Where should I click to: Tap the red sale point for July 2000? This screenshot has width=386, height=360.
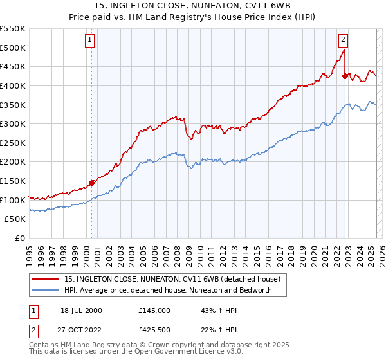[x=91, y=183]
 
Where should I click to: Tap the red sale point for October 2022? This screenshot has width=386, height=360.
[x=345, y=76]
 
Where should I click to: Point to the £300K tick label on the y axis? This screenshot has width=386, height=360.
[x=13, y=123]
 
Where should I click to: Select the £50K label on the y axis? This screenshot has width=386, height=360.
[x=15, y=219]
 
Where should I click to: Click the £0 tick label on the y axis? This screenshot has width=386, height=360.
[x=21, y=239]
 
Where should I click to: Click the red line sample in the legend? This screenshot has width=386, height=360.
[x=46, y=280]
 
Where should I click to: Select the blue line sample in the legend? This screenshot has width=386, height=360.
[x=46, y=290]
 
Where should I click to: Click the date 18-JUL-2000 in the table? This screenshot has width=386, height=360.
[x=81, y=310]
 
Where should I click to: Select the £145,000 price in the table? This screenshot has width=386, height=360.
[x=154, y=310]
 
